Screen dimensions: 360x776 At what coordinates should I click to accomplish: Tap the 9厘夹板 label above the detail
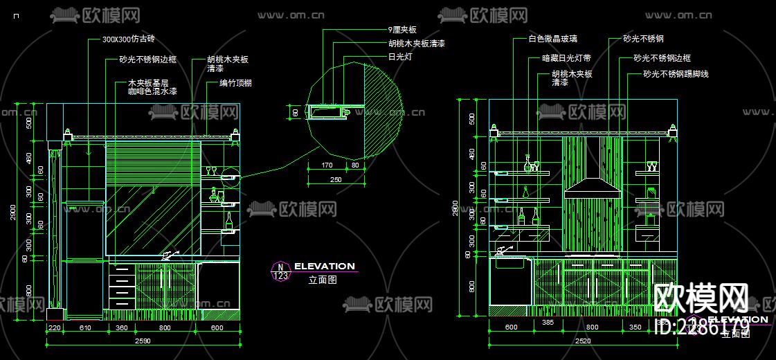click(x=402, y=30)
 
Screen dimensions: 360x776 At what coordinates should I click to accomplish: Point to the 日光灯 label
click(x=400, y=57)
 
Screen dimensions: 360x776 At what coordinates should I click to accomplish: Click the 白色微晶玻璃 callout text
click(x=552, y=39)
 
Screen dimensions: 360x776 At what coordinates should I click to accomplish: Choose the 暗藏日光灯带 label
click(x=566, y=58)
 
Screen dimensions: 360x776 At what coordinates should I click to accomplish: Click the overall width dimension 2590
click(x=143, y=341)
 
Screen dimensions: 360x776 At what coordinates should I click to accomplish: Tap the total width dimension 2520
click(x=584, y=341)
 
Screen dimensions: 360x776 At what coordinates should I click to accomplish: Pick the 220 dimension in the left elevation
click(x=54, y=327)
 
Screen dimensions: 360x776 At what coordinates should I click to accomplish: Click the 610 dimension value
click(x=86, y=327)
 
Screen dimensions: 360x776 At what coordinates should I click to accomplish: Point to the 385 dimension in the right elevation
click(x=548, y=323)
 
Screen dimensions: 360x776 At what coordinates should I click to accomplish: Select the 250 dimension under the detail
click(x=335, y=179)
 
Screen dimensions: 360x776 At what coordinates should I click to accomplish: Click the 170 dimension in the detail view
click(x=328, y=165)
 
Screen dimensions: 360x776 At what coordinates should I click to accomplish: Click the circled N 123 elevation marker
click(x=280, y=271)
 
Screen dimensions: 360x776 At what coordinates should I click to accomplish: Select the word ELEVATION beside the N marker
click(x=324, y=266)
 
